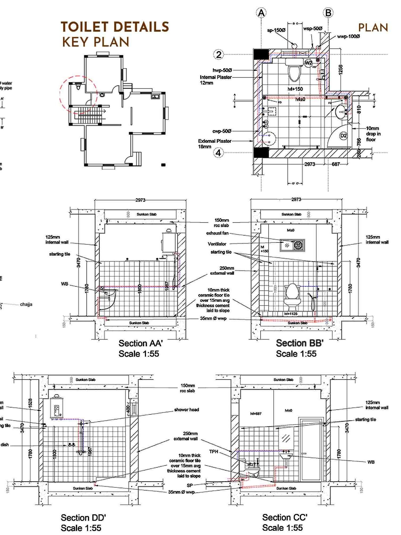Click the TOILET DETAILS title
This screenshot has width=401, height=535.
point(115,27)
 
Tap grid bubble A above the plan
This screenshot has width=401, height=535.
point(261,13)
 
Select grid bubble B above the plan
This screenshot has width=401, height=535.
point(328,13)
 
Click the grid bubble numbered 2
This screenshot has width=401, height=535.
point(219,55)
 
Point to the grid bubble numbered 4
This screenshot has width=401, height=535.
point(218,153)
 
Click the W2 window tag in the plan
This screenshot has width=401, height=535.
point(308,63)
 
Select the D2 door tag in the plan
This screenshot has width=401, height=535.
point(344,136)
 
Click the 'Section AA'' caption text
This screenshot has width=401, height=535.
point(140,343)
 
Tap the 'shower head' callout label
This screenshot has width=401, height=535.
point(186,410)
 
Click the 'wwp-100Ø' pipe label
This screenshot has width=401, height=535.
point(348,36)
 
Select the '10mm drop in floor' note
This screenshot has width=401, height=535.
point(373,134)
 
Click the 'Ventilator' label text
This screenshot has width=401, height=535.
point(217,244)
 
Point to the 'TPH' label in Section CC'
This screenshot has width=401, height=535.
point(214,452)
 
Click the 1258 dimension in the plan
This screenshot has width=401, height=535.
point(341,70)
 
